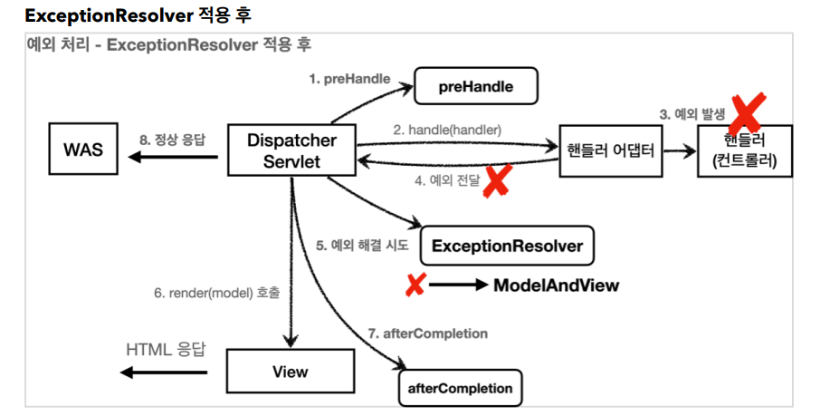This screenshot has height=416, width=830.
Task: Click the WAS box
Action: coord(83,150)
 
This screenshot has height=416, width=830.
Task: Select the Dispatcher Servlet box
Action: coord(291,151)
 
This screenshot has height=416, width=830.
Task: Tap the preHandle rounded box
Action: coord(476,87)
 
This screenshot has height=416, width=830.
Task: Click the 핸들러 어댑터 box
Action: coord(613,150)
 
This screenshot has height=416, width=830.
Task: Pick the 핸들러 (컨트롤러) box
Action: coord(745,150)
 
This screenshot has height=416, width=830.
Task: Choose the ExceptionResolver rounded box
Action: coord(507,246)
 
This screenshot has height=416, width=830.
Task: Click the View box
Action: coord(290,372)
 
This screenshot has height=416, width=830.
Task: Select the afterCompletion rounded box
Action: coord(461,388)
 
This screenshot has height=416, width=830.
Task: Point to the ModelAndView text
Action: coord(556,285)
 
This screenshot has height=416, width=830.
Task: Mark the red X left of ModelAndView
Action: coord(415,285)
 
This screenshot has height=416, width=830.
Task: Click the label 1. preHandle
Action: coord(349,79)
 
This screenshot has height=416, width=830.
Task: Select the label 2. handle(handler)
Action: coord(447,130)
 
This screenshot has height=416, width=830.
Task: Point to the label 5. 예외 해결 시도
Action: coord(363,245)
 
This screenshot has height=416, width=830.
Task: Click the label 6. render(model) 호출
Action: coord(216,293)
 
